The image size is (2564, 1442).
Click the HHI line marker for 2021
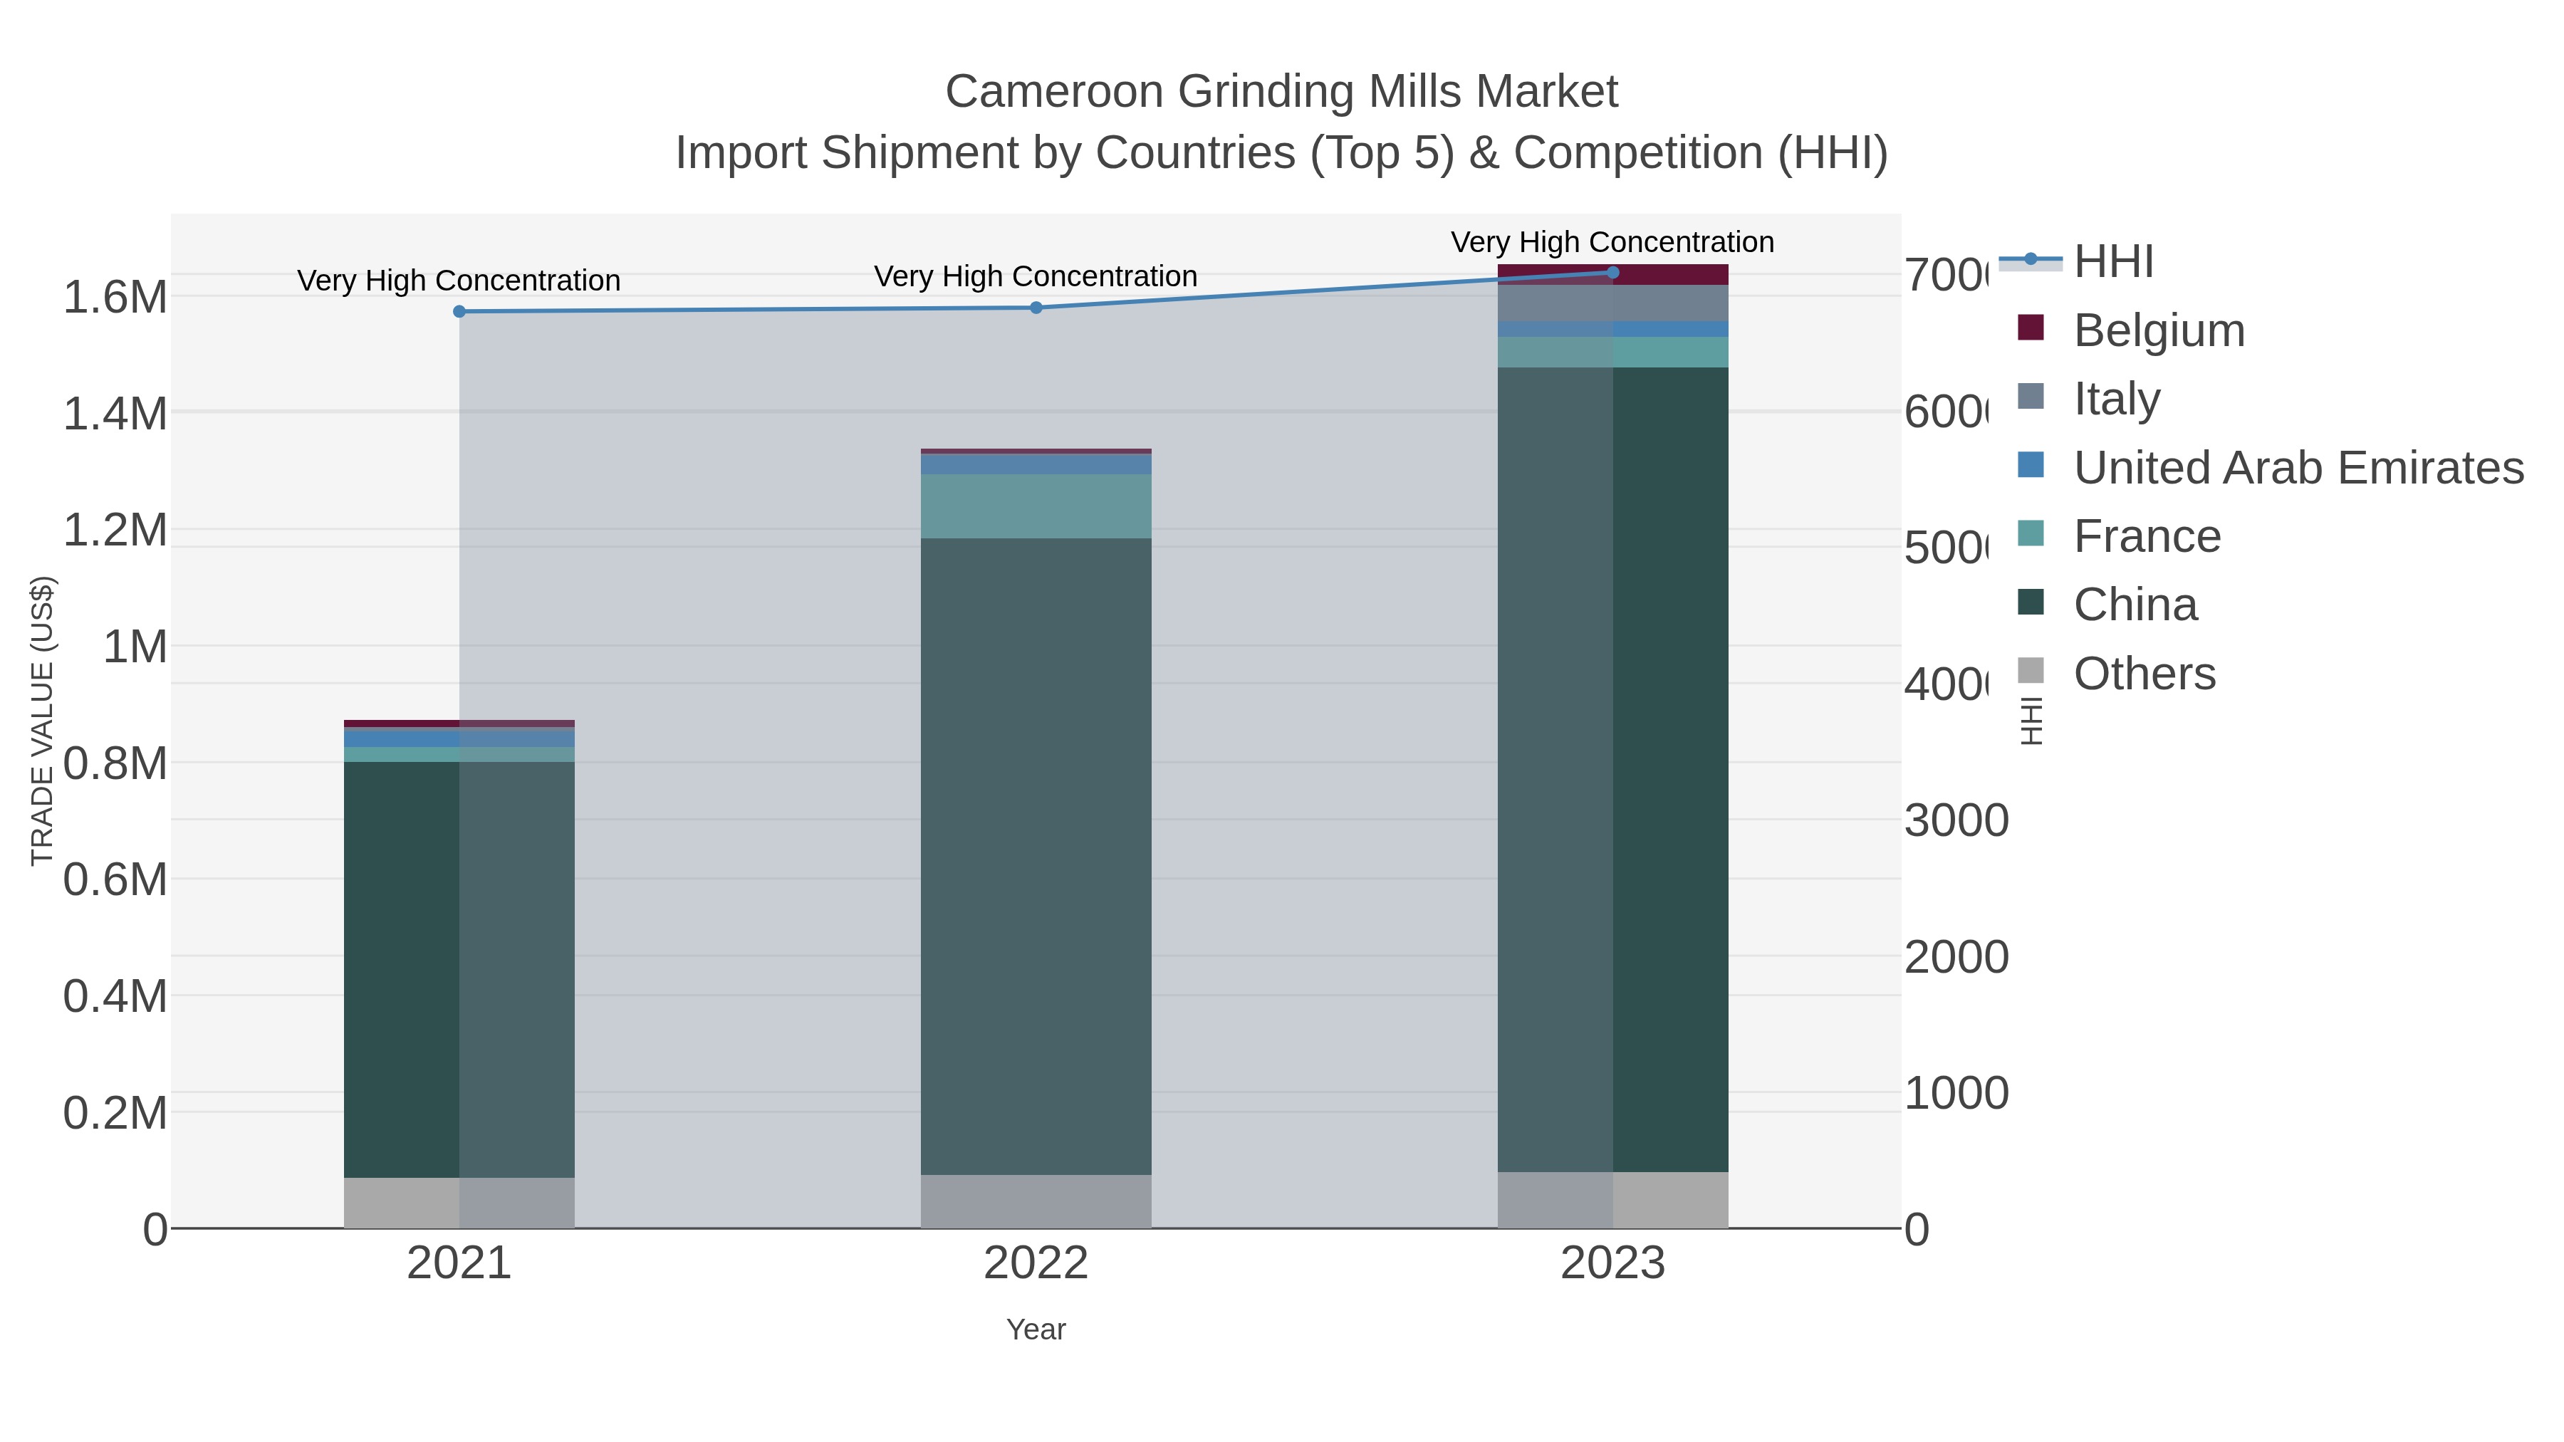[459, 311]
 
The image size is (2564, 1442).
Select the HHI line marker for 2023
[1612, 273]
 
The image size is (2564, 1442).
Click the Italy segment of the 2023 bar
[1612, 303]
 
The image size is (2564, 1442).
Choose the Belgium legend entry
[2158, 330]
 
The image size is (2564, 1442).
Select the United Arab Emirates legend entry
[2297, 468]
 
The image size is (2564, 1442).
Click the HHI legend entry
[2112, 262]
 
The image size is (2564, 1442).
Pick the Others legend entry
[2144, 674]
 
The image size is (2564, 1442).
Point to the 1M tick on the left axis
[135, 647]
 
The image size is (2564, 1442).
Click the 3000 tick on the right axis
[1956, 821]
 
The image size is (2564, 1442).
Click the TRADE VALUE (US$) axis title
[43, 721]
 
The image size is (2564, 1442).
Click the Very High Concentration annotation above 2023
[1612, 242]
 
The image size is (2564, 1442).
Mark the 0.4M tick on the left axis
[115, 996]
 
